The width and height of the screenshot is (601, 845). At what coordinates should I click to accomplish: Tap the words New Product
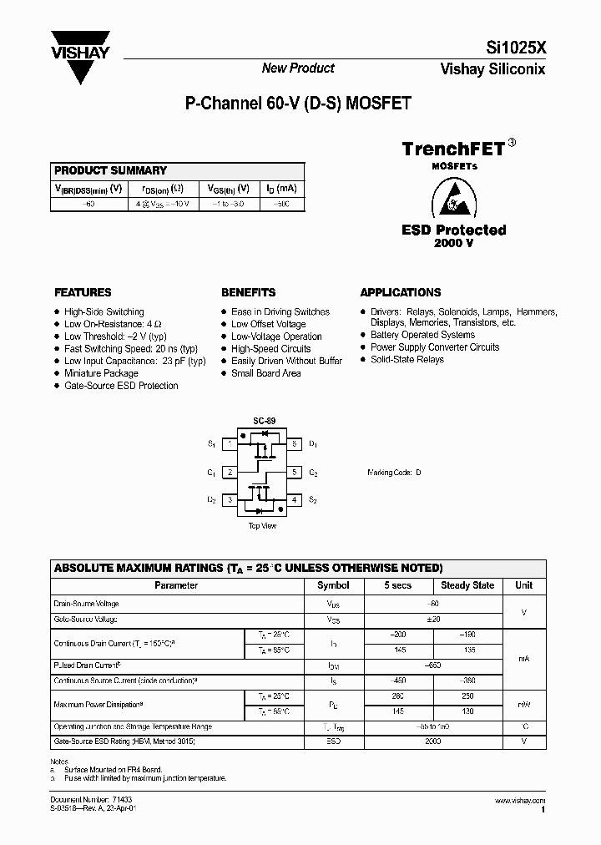pos(298,68)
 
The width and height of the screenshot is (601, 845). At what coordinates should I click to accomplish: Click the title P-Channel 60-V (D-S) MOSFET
pos(297,105)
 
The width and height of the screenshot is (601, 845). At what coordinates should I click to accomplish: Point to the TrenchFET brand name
pos(453,149)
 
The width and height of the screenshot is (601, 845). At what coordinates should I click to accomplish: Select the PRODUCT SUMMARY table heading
pos(110,170)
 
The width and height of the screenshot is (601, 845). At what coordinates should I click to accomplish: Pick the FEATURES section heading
pos(83,293)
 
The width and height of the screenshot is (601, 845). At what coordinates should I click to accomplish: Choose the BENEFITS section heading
pos(248,293)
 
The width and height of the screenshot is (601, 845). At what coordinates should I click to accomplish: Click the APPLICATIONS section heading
pos(401,293)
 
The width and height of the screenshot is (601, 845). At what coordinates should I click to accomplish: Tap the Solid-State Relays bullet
pos(407,360)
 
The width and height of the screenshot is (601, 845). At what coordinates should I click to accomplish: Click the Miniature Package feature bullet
pos(101,373)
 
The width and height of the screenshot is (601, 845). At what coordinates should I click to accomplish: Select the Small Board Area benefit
pos(265,373)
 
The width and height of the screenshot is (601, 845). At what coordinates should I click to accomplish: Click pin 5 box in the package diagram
pos(294,473)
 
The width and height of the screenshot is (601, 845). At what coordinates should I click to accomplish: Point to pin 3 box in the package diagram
pos(229,500)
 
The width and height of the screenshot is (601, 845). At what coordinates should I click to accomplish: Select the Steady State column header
pos(467,586)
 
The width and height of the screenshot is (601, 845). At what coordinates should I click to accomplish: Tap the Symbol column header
pos(334,586)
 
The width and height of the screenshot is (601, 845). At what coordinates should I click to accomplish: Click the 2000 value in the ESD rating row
pos(432,741)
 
